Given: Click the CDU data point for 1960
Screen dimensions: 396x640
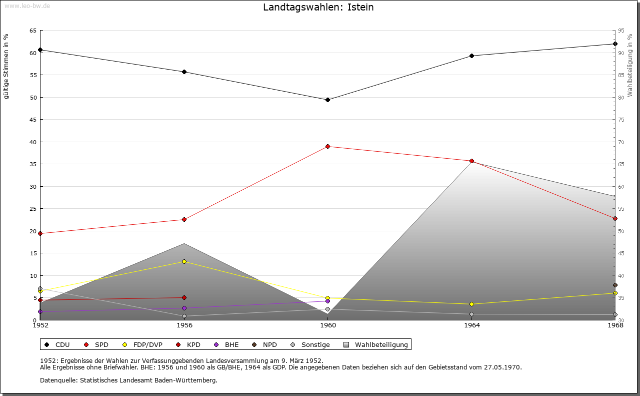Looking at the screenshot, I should tap(327, 100).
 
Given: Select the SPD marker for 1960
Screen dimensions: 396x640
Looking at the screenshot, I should tap(327, 146).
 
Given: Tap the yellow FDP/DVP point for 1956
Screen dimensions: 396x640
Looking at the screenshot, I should tap(184, 261).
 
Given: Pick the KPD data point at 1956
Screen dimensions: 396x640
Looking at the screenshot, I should tap(184, 297).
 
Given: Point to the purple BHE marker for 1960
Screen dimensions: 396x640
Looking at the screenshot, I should tap(327, 301).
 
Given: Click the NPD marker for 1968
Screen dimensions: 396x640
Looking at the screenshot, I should tap(615, 285).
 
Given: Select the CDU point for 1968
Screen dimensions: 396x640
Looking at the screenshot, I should tap(615, 44).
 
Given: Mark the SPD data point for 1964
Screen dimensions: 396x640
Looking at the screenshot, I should tap(471, 161).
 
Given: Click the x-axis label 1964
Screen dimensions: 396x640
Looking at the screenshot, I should tap(471, 325).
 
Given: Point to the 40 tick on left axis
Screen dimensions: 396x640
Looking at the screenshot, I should tap(33, 142).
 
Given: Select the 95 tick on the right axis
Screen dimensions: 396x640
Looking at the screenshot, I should tap(621, 31).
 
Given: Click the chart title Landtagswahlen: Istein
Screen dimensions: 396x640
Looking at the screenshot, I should tap(318, 8).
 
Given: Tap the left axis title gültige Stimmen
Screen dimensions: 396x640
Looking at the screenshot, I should tap(6, 66).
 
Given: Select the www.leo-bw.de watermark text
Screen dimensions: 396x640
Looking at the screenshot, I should tap(26, 5).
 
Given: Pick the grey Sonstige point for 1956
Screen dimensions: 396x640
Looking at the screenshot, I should tap(184, 316).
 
